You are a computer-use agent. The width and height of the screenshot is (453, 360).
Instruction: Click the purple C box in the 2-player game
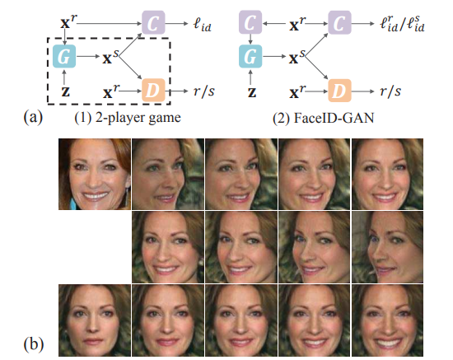[153, 22]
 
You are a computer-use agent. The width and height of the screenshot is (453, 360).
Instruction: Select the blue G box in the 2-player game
[64, 56]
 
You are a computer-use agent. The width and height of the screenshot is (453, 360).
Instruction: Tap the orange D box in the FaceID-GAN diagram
[339, 91]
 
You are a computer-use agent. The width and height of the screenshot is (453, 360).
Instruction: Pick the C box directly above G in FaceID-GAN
[250, 22]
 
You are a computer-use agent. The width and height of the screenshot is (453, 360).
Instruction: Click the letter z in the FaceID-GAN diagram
[252, 92]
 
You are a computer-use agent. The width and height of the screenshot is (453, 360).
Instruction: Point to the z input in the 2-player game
[66, 92]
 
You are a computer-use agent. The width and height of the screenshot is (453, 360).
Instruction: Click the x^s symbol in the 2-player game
[110, 57]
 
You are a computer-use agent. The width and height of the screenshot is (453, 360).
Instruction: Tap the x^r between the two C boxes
[297, 24]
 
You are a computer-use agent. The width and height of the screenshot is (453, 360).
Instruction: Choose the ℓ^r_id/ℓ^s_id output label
[402, 24]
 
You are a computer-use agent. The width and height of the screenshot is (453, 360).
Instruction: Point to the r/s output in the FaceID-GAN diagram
[390, 91]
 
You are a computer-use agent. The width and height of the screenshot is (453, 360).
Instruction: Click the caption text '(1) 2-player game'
[128, 118]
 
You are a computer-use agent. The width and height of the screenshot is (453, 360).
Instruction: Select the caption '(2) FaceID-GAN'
[324, 118]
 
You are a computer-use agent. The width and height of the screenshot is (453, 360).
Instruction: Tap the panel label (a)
[33, 117]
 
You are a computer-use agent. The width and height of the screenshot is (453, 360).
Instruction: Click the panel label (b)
[34, 344]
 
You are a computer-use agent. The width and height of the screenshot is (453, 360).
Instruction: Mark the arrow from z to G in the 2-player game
[64, 77]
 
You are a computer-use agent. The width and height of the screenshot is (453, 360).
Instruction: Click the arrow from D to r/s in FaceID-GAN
[363, 91]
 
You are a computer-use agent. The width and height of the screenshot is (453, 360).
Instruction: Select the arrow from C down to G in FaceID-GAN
[250, 39]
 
